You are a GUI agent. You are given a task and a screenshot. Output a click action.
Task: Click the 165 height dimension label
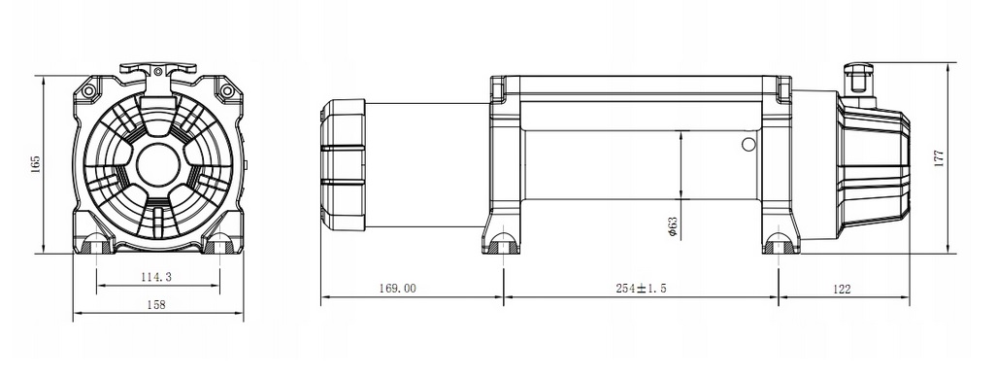point(36,163)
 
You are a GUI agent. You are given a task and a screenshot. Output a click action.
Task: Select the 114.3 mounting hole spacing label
point(156,277)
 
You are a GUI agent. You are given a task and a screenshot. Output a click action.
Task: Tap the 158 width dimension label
point(155,305)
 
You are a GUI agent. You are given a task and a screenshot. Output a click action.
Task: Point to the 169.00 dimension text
point(397,289)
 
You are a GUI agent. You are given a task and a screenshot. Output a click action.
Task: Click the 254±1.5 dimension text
point(641,289)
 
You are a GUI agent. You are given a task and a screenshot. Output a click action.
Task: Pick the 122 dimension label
point(841,289)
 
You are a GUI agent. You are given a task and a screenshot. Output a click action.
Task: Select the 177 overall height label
point(940,157)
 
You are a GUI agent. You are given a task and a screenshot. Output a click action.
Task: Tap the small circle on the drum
point(749,145)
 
